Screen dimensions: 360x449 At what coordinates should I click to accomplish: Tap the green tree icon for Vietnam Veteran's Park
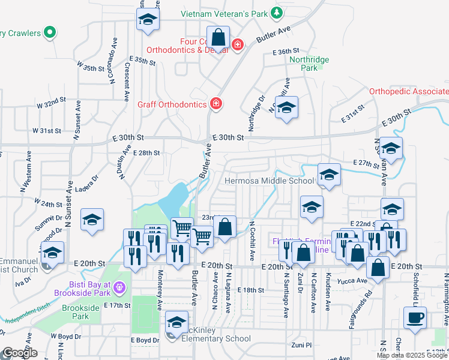276,13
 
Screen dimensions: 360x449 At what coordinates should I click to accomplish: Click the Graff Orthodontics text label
172,104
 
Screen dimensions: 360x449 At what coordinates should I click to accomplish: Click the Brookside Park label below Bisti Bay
80,311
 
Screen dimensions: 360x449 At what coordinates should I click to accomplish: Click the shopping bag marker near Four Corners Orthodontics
218,38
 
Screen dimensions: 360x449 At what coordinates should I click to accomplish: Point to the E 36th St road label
285,52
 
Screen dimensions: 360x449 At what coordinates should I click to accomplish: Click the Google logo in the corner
20,352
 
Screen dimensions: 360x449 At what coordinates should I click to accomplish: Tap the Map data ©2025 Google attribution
411,355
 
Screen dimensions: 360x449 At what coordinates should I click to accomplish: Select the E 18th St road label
250,290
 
